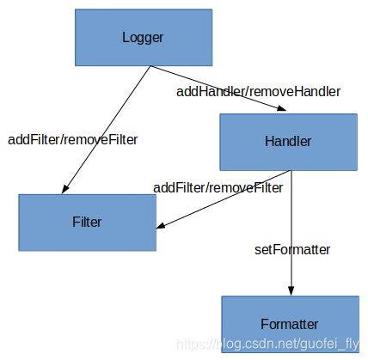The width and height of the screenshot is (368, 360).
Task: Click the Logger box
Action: [143, 38]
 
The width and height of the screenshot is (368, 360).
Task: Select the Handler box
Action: [288, 142]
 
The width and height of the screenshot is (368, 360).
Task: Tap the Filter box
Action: [87, 223]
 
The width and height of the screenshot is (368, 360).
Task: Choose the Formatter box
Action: [290, 324]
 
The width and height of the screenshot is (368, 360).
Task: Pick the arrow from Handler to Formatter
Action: [291, 232]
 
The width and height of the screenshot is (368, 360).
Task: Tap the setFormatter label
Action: [292, 249]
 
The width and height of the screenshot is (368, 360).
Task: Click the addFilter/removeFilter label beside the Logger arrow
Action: [72, 138]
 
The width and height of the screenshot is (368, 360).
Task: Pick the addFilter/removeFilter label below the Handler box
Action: [218, 186]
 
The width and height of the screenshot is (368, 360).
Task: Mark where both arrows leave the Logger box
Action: [150, 67]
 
